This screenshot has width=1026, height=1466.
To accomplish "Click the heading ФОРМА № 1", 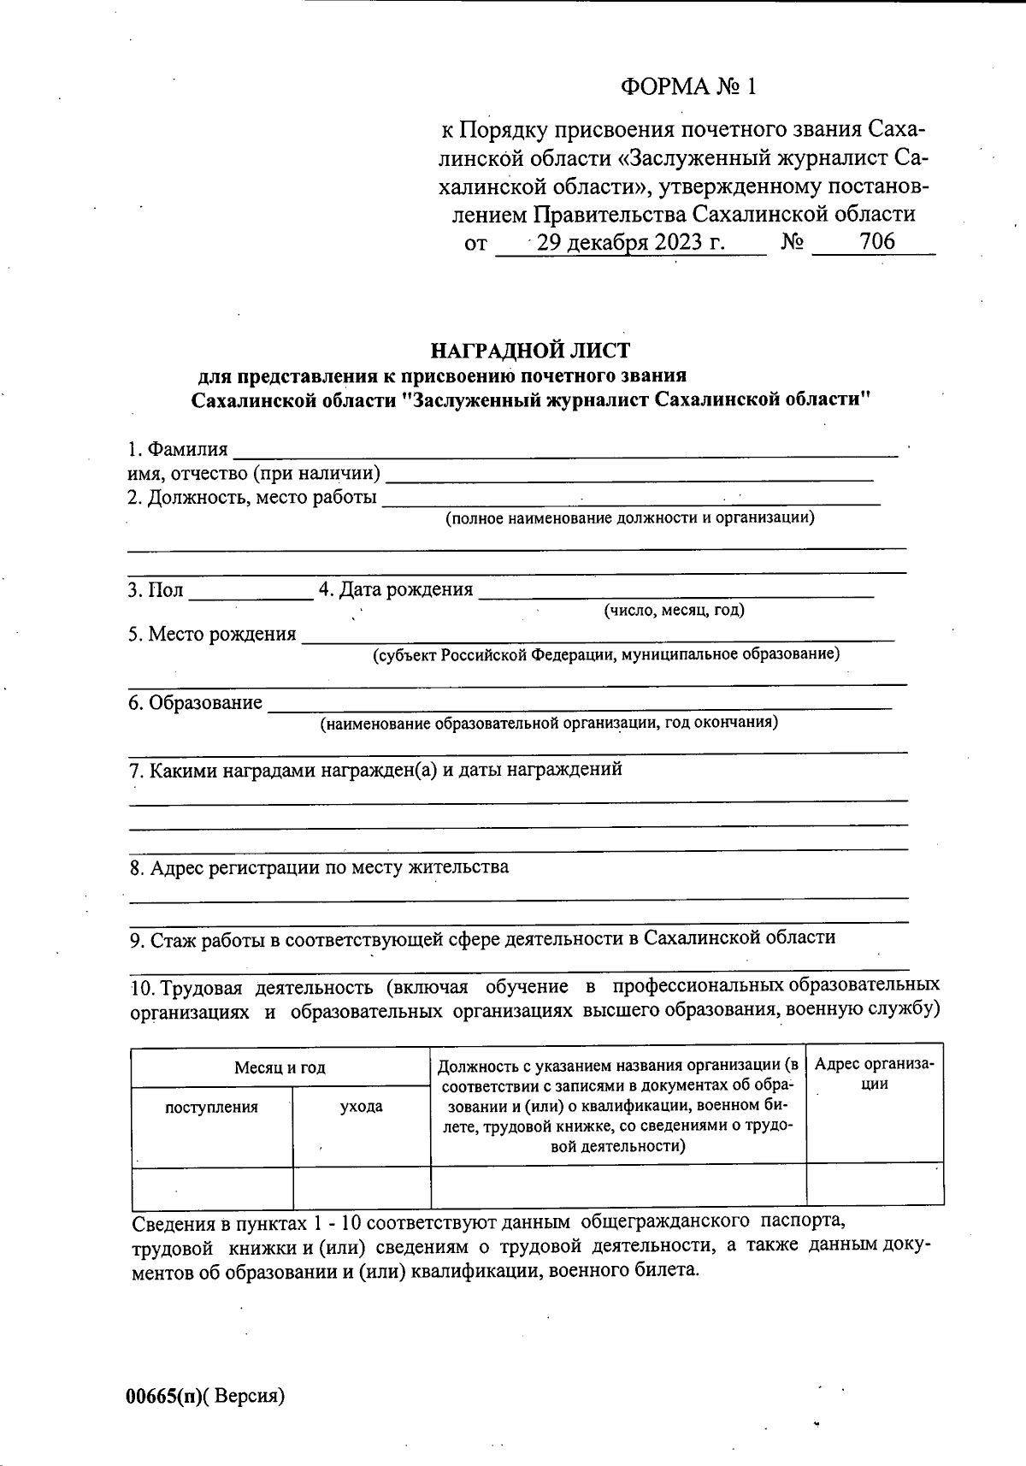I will (689, 87).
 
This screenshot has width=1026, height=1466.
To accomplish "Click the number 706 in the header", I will (877, 242).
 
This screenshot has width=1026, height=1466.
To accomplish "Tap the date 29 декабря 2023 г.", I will (632, 243).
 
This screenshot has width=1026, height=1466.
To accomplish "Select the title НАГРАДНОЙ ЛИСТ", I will (530, 351).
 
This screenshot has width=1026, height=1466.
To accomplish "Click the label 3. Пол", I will (156, 590).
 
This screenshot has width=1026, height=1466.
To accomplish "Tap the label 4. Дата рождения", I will (396, 589).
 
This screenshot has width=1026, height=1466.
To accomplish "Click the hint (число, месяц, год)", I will (674, 610).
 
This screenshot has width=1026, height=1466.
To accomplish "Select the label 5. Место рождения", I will (213, 635).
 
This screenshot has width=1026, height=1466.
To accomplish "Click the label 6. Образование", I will (196, 703).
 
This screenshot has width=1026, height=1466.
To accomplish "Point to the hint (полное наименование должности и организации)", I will (630, 517).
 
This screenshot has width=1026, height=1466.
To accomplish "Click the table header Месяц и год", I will (280, 1067).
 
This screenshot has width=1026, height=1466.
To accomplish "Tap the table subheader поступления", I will (211, 1107).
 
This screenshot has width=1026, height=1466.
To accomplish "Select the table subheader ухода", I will (362, 1107).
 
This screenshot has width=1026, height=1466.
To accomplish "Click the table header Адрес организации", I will (875, 1073).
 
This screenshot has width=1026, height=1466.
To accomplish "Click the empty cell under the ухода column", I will (362, 1186).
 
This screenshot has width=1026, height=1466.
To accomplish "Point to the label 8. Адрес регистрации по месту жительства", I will (319, 867).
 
